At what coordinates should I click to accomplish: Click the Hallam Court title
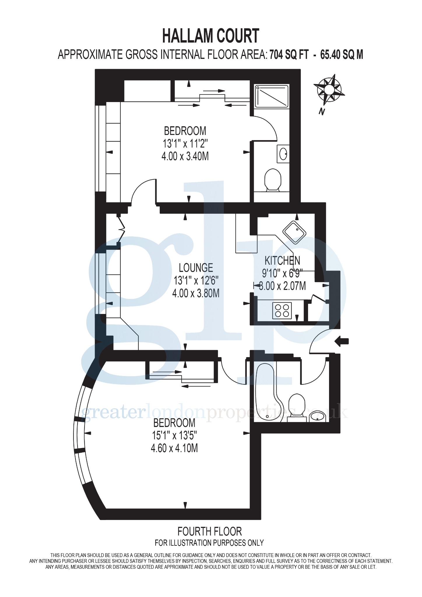210,36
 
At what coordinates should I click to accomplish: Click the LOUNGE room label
196,268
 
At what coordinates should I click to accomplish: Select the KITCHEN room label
282,260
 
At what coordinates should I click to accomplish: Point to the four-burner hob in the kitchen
282,310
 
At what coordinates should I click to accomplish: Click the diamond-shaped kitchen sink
294,232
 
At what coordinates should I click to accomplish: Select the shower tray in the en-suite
271,96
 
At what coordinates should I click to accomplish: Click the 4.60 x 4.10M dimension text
174,448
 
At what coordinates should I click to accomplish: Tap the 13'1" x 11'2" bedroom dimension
185,144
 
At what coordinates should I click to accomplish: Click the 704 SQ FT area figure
289,55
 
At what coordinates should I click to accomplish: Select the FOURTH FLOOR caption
210,531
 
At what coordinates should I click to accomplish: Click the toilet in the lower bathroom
297,407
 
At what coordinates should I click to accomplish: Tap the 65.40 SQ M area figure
342,55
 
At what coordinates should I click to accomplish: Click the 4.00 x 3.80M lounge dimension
196,293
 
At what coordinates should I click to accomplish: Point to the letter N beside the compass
322,111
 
